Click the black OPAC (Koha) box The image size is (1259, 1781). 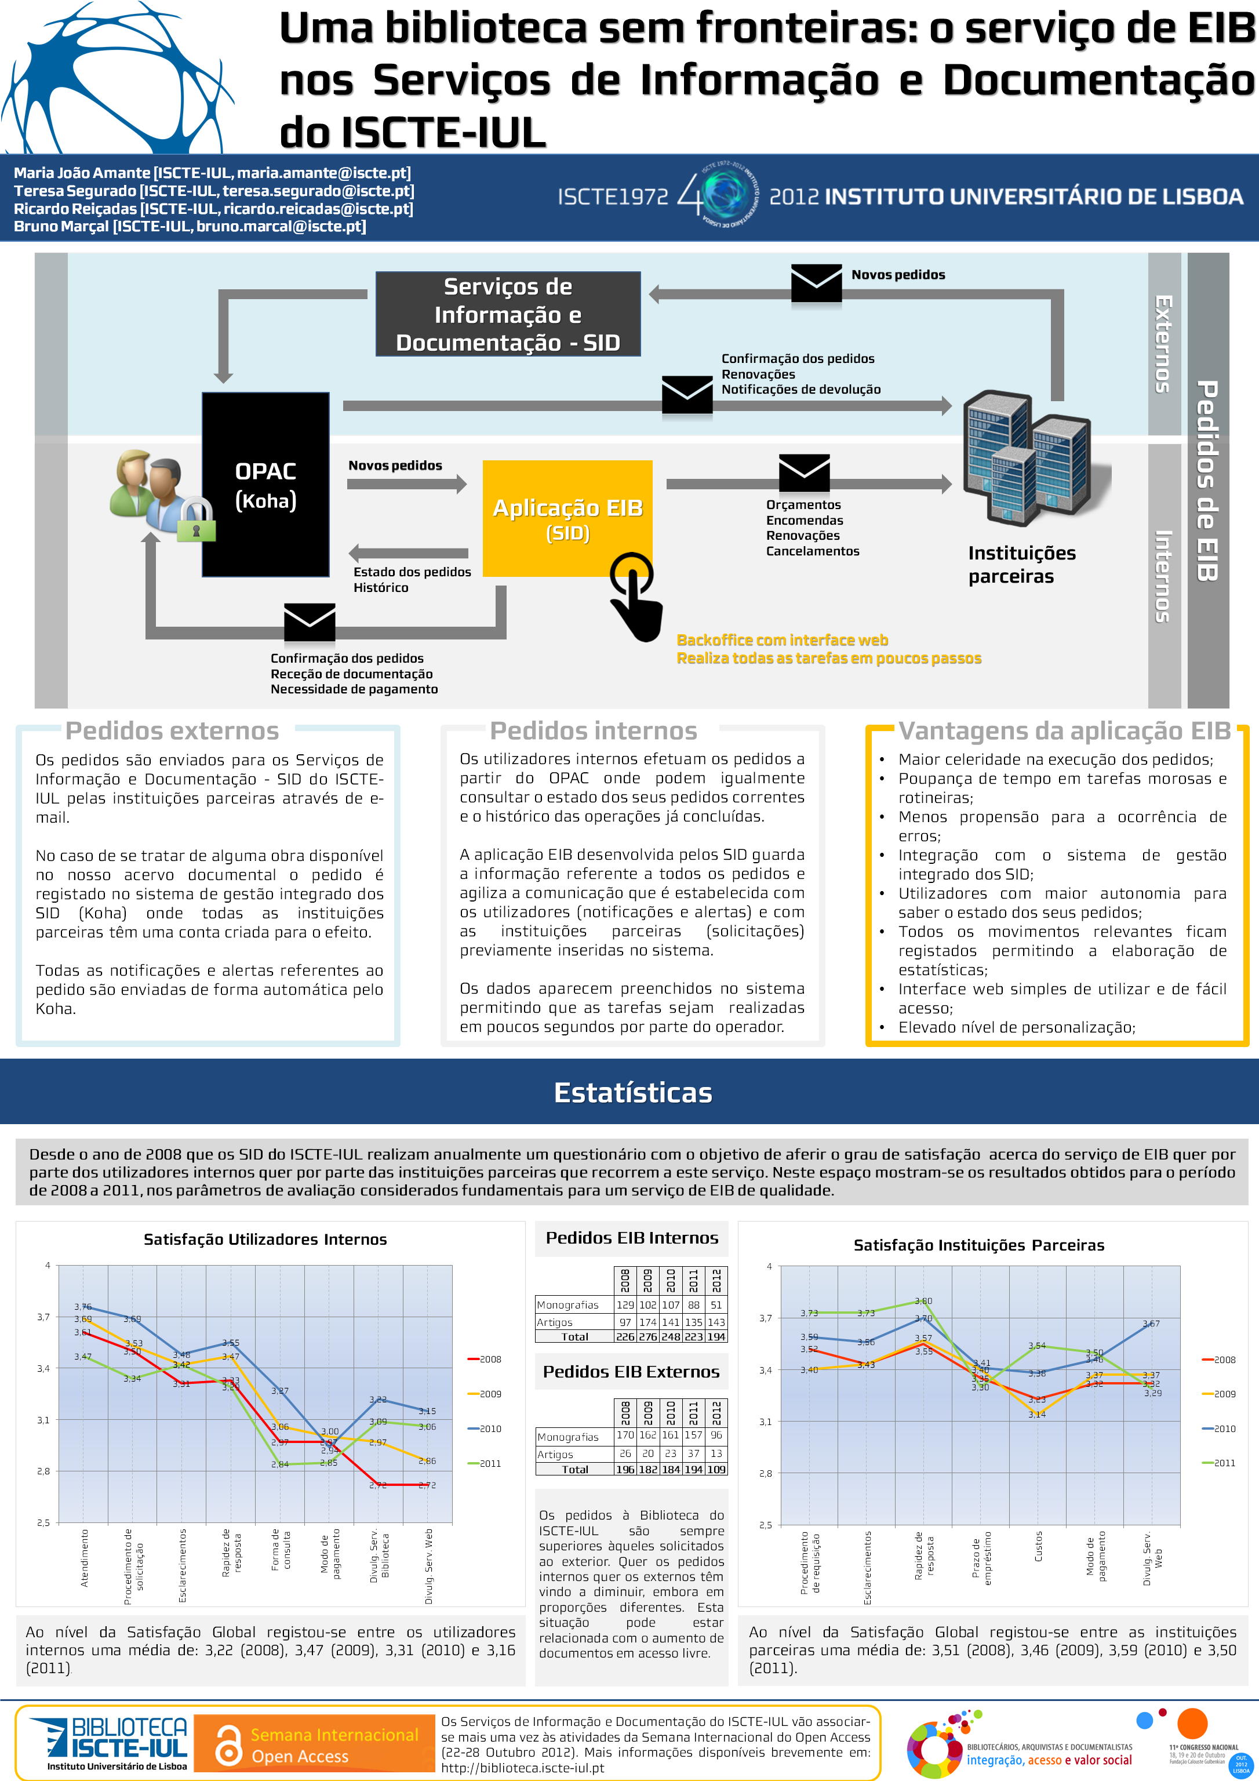(265, 485)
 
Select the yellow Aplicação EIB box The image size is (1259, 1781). (567, 518)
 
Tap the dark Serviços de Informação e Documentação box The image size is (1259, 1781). (508, 314)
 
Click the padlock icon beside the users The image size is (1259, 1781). (197, 519)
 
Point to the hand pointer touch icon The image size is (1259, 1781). (636, 597)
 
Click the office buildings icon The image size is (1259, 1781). (1027, 457)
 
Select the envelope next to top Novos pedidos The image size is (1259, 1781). (816, 283)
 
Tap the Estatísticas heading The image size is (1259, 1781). (632, 1092)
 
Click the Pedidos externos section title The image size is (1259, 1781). (172, 730)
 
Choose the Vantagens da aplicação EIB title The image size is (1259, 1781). (1064, 730)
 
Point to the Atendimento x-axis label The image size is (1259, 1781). (85, 1558)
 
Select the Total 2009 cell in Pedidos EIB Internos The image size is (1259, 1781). (647, 1336)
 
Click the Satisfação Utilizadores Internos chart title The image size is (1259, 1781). (265, 1240)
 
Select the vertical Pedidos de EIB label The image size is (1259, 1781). (1207, 481)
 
